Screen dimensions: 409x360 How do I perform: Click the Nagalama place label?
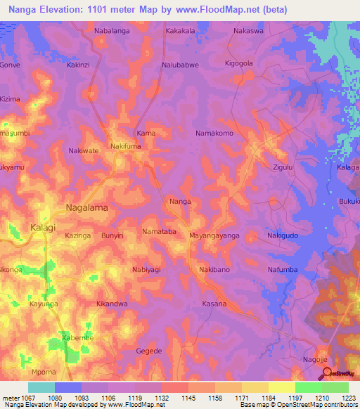tap(88, 208)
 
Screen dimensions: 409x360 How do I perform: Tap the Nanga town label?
tap(181, 202)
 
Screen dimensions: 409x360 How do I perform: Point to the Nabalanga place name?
tap(112, 32)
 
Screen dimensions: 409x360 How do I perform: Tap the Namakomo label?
tap(214, 132)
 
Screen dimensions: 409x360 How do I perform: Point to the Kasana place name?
tap(214, 304)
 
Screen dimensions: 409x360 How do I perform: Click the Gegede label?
tap(148, 351)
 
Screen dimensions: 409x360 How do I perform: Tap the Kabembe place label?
tap(77, 337)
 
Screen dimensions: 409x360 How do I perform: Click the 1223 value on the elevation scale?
tap(348, 398)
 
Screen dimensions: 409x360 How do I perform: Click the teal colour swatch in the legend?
tap(41, 387)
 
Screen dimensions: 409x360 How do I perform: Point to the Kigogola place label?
tap(238, 64)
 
